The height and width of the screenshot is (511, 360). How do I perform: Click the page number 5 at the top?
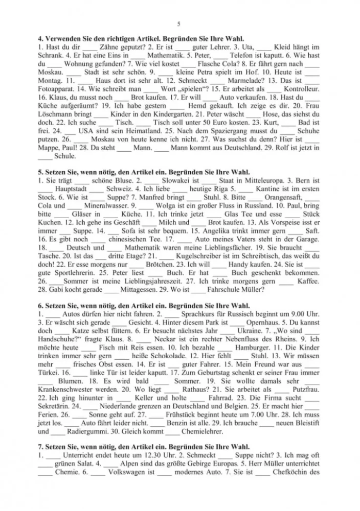click(x=179, y=24)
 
